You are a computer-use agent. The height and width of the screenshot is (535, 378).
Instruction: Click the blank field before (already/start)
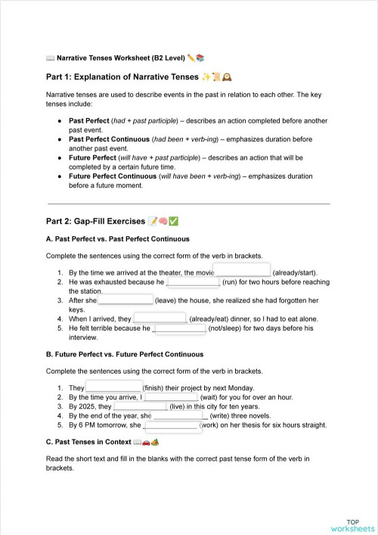click(x=243, y=271)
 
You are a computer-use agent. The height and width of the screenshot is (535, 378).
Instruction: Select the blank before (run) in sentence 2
click(x=193, y=281)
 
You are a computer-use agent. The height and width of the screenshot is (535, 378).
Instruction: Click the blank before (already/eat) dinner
click(x=160, y=319)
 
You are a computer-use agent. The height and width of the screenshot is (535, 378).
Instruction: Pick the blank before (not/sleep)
click(x=179, y=328)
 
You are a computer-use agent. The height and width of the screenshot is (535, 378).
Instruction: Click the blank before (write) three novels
click(x=179, y=415)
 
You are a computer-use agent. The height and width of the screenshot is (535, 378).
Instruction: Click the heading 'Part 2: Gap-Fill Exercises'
click(x=95, y=221)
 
